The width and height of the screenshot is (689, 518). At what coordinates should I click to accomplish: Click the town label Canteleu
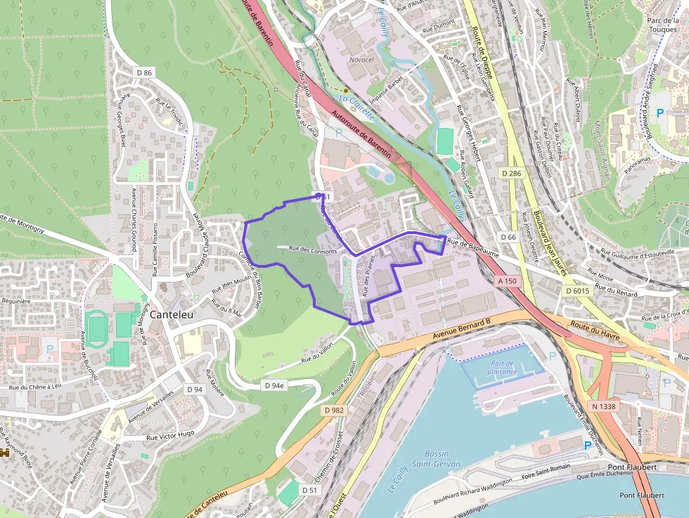point(171,315)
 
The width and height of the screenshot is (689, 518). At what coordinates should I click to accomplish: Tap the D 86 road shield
point(144,72)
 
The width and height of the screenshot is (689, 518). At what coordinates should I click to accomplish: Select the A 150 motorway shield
point(507,280)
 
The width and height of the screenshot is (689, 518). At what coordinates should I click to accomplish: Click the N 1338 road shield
point(603,406)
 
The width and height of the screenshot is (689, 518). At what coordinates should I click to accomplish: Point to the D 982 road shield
point(335,410)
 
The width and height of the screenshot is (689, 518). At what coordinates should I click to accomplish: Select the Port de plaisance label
point(502,367)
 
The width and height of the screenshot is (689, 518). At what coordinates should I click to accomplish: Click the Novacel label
point(361,60)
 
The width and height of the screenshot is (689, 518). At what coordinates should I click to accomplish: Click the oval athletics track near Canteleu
point(96,328)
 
